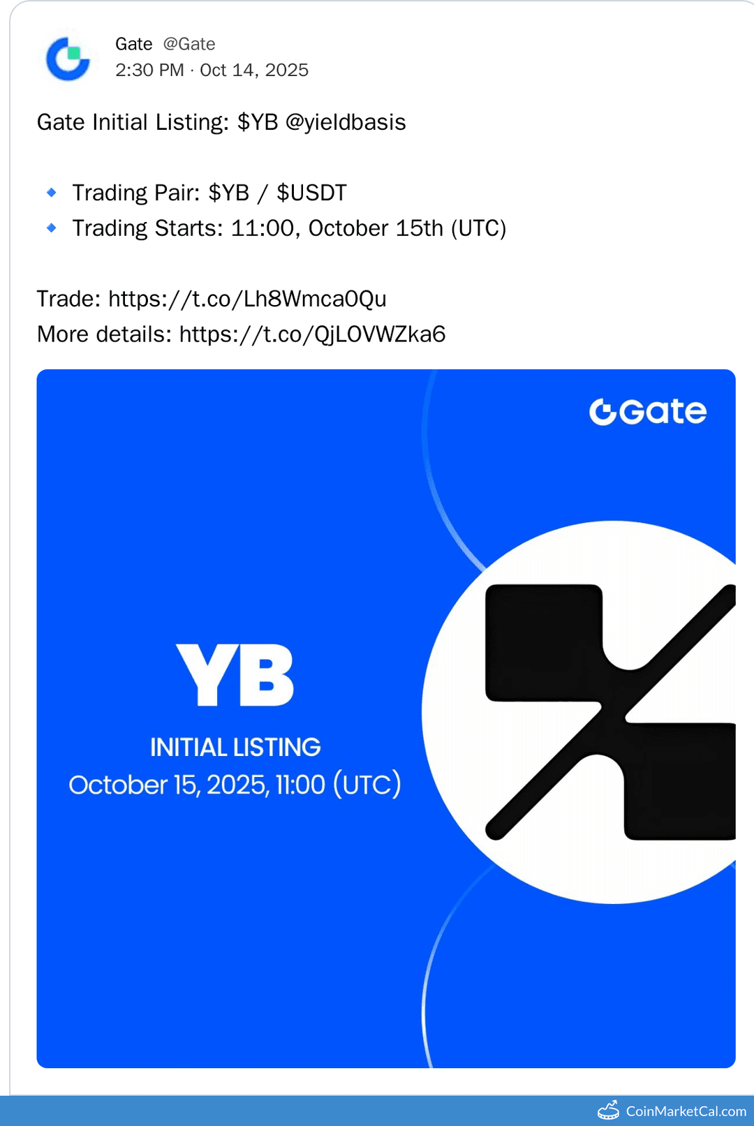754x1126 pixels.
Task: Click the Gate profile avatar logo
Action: pyautogui.click(x=68, y=59)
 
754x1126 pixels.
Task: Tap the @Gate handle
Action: pyautogui.click(x=189, y=44)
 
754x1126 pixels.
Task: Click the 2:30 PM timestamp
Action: pyautogui.click(x=149, y=70)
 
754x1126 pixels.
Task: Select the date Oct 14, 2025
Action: pyautogui.click(x=254, y=70)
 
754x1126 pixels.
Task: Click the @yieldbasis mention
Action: pyautogui.click(x=346, y=122)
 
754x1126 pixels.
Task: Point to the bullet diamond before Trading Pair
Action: pyautogui.click(x=52, y=193)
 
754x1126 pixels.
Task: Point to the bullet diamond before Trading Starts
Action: pyautogui.click(x=52, y=228)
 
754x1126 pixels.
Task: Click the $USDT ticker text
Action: pyautogui.click(x=311, y=193)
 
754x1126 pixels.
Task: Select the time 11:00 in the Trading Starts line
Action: pyautogui.click(x=262, y=228)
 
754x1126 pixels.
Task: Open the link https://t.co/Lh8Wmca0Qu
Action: pyautogui.click(x=247, y=299)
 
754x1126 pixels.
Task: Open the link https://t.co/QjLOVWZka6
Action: pyautogui.click(x=312, y=334)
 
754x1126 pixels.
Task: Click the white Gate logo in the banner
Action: pyautogui.click(x=648, y=412)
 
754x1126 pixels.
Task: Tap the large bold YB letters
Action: pyautogui.click(x=235, y=675)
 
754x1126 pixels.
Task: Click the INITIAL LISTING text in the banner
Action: pyautogui.click(x=235, y=748)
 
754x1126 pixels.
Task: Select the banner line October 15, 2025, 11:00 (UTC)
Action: pyautogui.click(x=235, y=785)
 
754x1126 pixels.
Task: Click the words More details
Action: pyautogui.click(x=103, y=334)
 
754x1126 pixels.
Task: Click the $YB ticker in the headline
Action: pyautogui.click(x=258, y=122)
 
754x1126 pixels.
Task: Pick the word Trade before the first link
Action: pyautogui.click(x=68, y=299)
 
